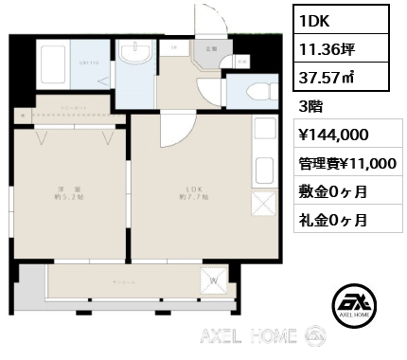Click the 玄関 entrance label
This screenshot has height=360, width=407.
209,47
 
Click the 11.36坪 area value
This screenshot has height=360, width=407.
324,46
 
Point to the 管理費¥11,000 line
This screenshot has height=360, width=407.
346,163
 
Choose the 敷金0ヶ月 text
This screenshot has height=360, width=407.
333,191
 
